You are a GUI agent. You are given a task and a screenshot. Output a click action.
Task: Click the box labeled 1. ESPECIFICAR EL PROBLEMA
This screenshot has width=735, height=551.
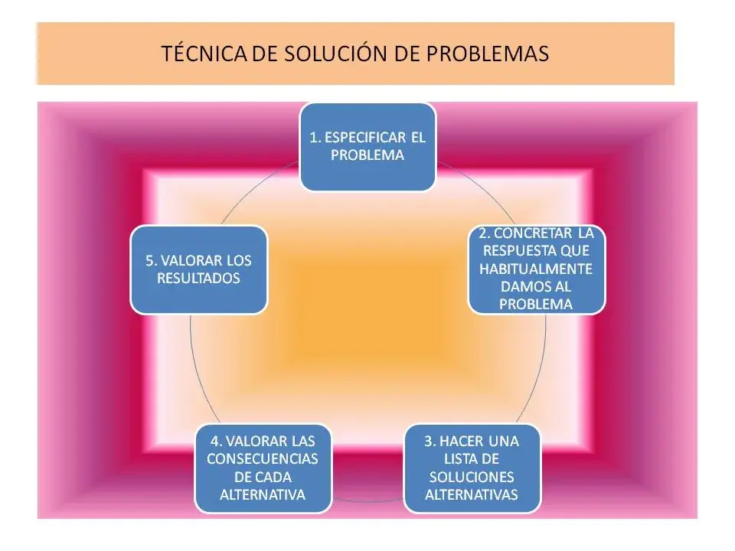(367, 146)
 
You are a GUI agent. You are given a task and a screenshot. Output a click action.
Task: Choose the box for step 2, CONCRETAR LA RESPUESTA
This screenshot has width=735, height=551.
(536, 269)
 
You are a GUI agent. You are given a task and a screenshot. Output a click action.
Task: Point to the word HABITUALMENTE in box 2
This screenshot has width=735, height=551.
(536, 269)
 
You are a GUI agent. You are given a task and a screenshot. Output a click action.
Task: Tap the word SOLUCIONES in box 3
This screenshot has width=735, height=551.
(472, 476)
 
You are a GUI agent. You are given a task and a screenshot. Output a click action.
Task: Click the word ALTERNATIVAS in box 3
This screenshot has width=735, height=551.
(472, 494)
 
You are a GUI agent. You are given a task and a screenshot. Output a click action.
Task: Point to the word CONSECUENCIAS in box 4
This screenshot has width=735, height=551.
(263, 458)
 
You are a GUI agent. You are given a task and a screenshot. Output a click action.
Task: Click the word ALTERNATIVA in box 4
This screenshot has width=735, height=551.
(263, 494)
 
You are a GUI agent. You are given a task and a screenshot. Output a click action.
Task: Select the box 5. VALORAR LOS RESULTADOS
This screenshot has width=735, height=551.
(198, 269)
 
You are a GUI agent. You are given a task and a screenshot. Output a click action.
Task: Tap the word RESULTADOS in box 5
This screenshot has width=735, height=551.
(198, 278)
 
